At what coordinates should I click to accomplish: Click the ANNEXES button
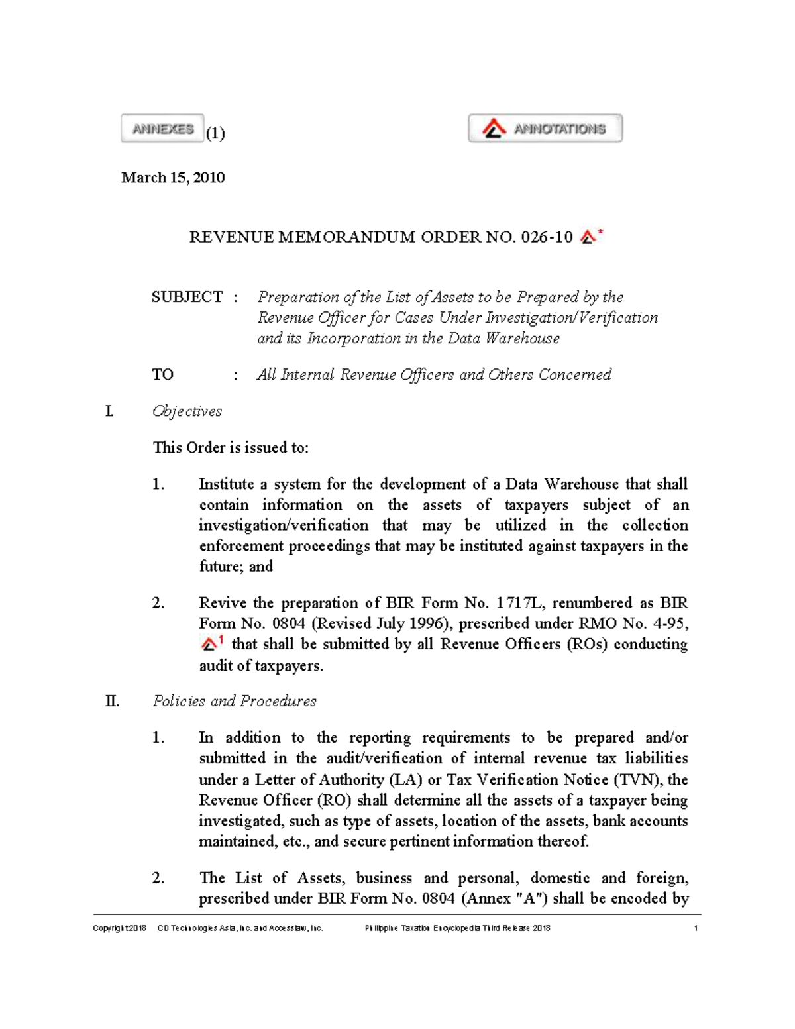click(x=162, y=129)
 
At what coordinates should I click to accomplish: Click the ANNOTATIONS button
click(x=545, y=129)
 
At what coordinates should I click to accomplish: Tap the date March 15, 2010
click(x=173, y=178)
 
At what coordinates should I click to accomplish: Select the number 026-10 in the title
click(x=547, y=237)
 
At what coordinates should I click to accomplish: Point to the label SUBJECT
click(x=187, y=297)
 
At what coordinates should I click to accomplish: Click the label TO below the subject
click(x=163, y=375)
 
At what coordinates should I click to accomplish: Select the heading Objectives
click(x=187, y=411)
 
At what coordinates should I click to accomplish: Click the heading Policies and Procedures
click(x=235, y=701)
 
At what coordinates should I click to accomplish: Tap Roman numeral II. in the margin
click(x=112, y=701)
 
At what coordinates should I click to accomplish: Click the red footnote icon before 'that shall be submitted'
click(x=211, y=643)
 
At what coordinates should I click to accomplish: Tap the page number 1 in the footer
click(x=696, y=928)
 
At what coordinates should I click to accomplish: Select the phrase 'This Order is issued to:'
click(x=231, y=448)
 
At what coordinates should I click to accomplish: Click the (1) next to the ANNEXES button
click(x=215, y=133)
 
